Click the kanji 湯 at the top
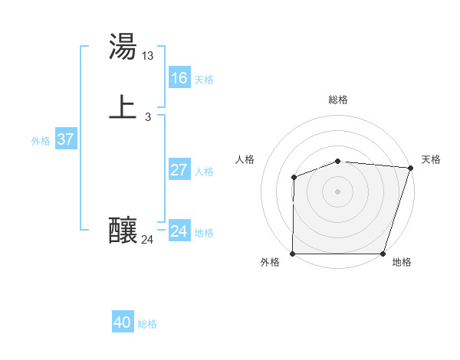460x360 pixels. click(x=123, y=47)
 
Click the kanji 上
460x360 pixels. click(x=123, y=107)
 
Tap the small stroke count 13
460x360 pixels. click(x=148, y=55)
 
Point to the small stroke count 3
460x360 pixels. click(x=148, y=116)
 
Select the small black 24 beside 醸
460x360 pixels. click(x=148, y=240)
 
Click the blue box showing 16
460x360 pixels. click(x=179, y=78)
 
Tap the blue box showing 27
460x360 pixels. click(x=179, y=170)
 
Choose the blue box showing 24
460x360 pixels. click(x=179, y=231)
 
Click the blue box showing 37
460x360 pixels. click(x=65, y=139)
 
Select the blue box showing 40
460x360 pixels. click(x=123, y=322)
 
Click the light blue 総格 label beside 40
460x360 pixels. click(x=148, y=324)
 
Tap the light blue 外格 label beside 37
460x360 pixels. click(x=41, y=141)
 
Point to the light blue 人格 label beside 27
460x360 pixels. click(x=205, y=172)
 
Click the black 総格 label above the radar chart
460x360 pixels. click(x=338, y=100)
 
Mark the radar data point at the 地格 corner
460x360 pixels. click(x=383, y=254)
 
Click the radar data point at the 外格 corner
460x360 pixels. click(x=293, y=254)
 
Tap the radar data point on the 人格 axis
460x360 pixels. click(x=294, y=178)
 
